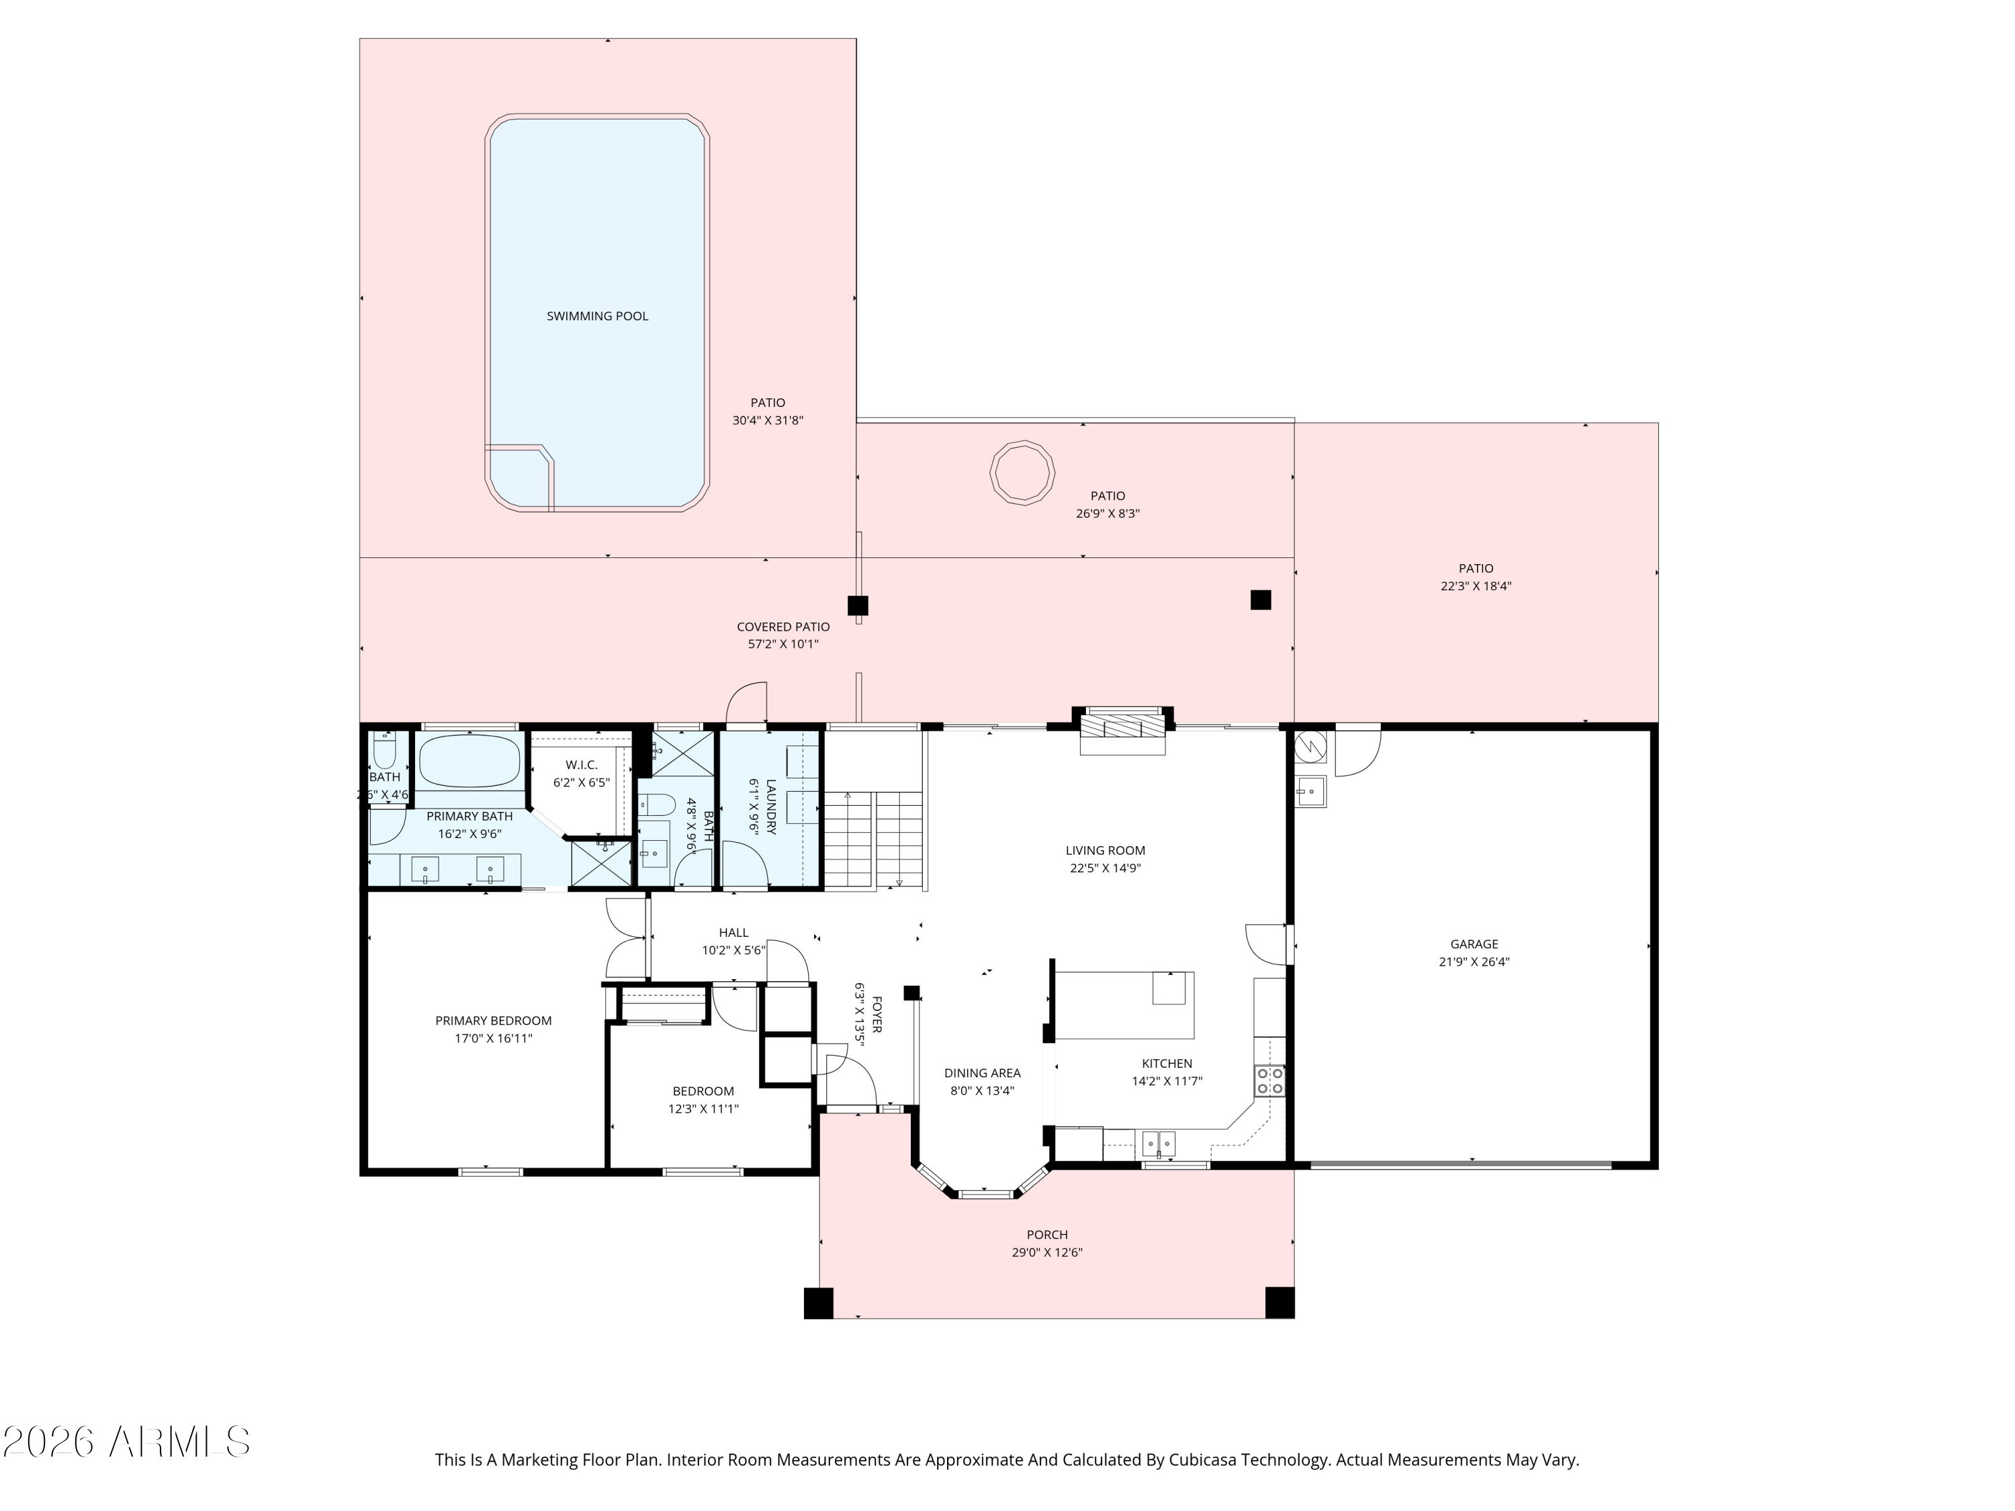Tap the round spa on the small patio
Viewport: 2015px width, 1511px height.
pyautogui.click(x=1022, y=472)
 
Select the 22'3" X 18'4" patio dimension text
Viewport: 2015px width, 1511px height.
pyautogui.click(x=1475, y=586)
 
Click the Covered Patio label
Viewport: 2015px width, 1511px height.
pyautogui.click(x=782, y=627)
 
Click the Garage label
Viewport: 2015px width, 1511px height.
pyautogui.click(x=1474, y=944)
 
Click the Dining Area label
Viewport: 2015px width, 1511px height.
pyautogui.click(x=982, y=1073)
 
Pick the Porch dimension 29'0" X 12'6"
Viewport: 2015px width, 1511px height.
pyautogui.click(x=1046, y=1252)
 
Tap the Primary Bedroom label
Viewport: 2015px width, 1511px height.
pyautogui.click(x=493, y=1020)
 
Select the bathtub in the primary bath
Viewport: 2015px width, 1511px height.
pyautogui.click(x=469, y=760)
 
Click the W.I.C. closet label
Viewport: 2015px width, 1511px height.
pyautogui.click(x=581, y=764)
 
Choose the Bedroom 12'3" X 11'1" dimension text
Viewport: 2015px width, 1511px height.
pyautogui.click(x=703, y=1109)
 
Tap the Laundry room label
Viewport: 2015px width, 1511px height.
pyautogui.click(x=770, y=806)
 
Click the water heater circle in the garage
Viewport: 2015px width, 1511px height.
pyautogui.click(x=1310, y=747)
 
